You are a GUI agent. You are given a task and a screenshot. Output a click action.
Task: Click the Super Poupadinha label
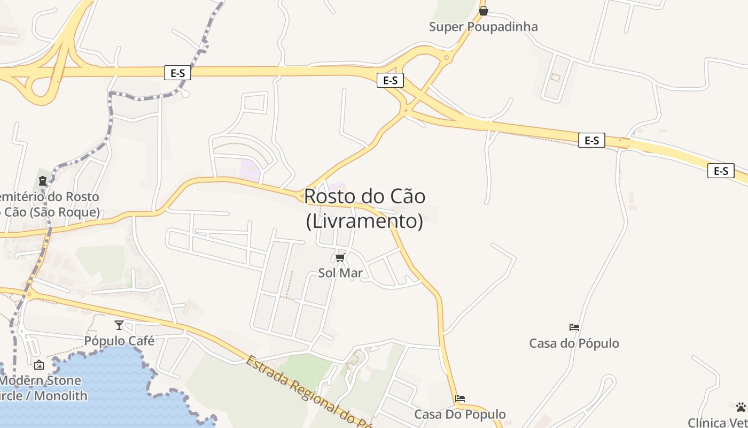click(483, 27)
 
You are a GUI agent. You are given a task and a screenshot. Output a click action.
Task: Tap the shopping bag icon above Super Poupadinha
click(484, 10)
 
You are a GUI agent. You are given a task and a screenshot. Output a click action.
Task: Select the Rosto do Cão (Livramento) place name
click(365, 208)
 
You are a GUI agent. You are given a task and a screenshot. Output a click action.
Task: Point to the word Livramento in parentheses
click(364, 221)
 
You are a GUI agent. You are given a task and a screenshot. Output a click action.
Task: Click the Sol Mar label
click(340, 273)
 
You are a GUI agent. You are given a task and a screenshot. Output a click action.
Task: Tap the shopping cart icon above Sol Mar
click(340, 258)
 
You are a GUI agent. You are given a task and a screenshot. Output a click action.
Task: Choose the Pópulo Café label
click(119, 341)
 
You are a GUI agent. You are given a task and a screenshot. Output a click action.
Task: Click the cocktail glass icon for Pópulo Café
click(119, 325)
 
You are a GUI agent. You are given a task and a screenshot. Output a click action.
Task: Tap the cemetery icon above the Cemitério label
click(43, 181)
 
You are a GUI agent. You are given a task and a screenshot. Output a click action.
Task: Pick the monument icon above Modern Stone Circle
click(39, 365)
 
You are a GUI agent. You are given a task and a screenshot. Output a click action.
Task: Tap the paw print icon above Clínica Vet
click(741, 407)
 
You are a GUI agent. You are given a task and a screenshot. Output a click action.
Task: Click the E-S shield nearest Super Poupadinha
click(390, 80)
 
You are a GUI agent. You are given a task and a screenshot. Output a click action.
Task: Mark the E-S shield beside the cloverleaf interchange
click(177, 73)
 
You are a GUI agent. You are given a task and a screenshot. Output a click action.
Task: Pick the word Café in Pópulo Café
click(141, 341)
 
